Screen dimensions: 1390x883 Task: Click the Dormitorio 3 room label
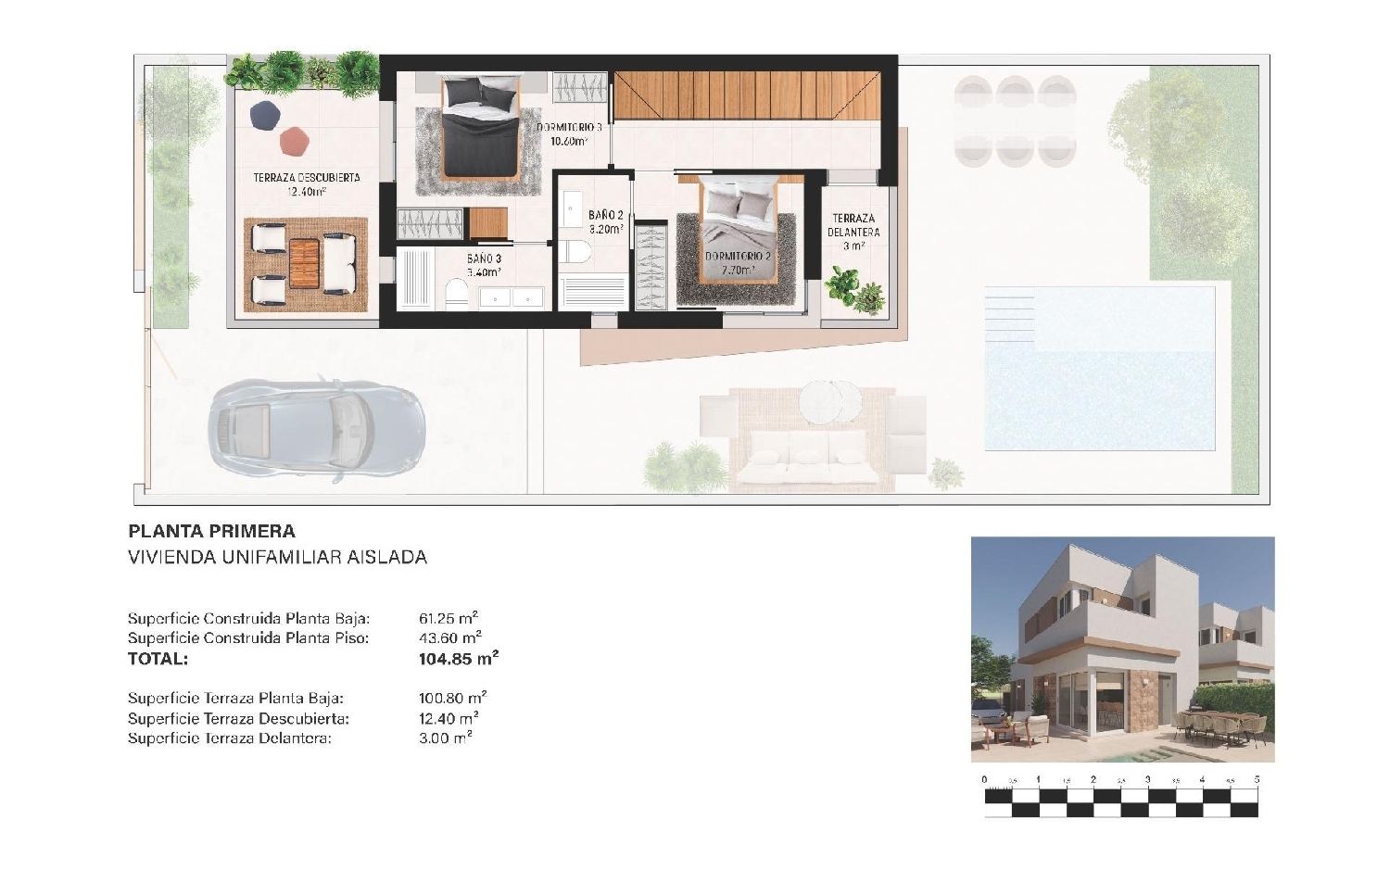point(570,134)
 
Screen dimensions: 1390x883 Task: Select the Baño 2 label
point(606,222)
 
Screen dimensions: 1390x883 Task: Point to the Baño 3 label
point(484,265)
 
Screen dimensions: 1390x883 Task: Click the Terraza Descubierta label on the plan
point(307,184)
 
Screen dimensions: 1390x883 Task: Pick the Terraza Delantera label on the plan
point(853,232)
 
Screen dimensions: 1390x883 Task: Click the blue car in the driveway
point(317,431)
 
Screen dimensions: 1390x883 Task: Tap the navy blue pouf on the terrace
point(264,116)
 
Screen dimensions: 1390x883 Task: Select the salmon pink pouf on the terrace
point(294,142)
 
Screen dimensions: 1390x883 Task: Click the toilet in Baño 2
point(578,252)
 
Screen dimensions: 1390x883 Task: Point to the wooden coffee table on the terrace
point(304,264)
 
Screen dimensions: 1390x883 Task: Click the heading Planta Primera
point(211,531)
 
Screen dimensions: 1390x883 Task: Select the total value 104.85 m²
point(459,658)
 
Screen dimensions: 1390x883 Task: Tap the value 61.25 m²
point(448,618)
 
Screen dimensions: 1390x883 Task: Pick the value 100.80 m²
point(452,698)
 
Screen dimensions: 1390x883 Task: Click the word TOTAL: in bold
point(158,659)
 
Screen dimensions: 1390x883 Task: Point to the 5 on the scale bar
point(1257,779)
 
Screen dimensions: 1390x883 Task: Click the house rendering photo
point(1122,650)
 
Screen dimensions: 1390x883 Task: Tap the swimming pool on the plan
point(1100,368)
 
